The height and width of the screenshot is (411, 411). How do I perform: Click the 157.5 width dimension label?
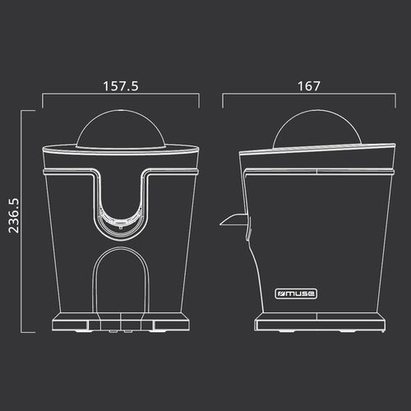121,86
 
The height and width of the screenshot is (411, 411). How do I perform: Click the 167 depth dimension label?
309,86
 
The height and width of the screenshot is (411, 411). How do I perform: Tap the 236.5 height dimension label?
14,216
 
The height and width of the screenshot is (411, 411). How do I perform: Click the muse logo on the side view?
296,293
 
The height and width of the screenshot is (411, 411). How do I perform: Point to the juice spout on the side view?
232,219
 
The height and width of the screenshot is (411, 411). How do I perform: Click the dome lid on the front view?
121,129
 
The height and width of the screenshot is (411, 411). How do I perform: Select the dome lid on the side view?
317,128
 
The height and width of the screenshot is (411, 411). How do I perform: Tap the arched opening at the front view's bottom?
121,279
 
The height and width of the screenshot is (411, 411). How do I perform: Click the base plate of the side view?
320,322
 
